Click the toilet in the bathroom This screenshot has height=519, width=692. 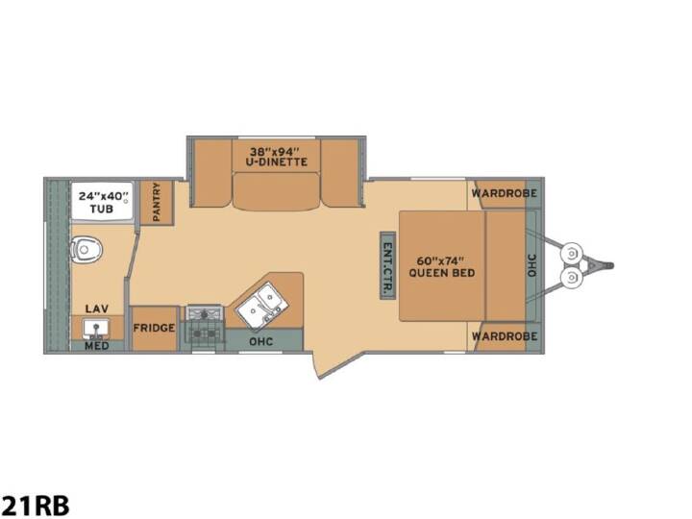pos(86,250)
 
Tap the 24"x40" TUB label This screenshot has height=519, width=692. pos(102,202)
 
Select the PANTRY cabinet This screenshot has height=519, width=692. pos(157,202)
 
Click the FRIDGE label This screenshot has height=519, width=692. pos(154,328)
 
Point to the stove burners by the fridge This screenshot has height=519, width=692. pos(204,327)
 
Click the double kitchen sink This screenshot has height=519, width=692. pos(262,306)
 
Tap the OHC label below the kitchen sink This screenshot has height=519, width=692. pos(260,341)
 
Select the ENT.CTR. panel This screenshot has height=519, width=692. pos(388,265)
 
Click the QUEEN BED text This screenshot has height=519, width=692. pos(442,273)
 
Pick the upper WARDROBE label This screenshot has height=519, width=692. pos(504,193)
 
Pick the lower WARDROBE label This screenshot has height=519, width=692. pos(505,336)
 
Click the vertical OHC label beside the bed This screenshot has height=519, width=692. pos(531,265)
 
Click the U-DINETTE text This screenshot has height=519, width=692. pos(276,162)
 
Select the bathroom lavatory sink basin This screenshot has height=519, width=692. pos(96,329)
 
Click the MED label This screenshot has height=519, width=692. pos(97,346)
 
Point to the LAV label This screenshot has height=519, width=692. pos(97,309)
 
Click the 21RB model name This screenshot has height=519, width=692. pos(35,505)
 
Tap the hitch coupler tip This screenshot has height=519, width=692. pos(611,265)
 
